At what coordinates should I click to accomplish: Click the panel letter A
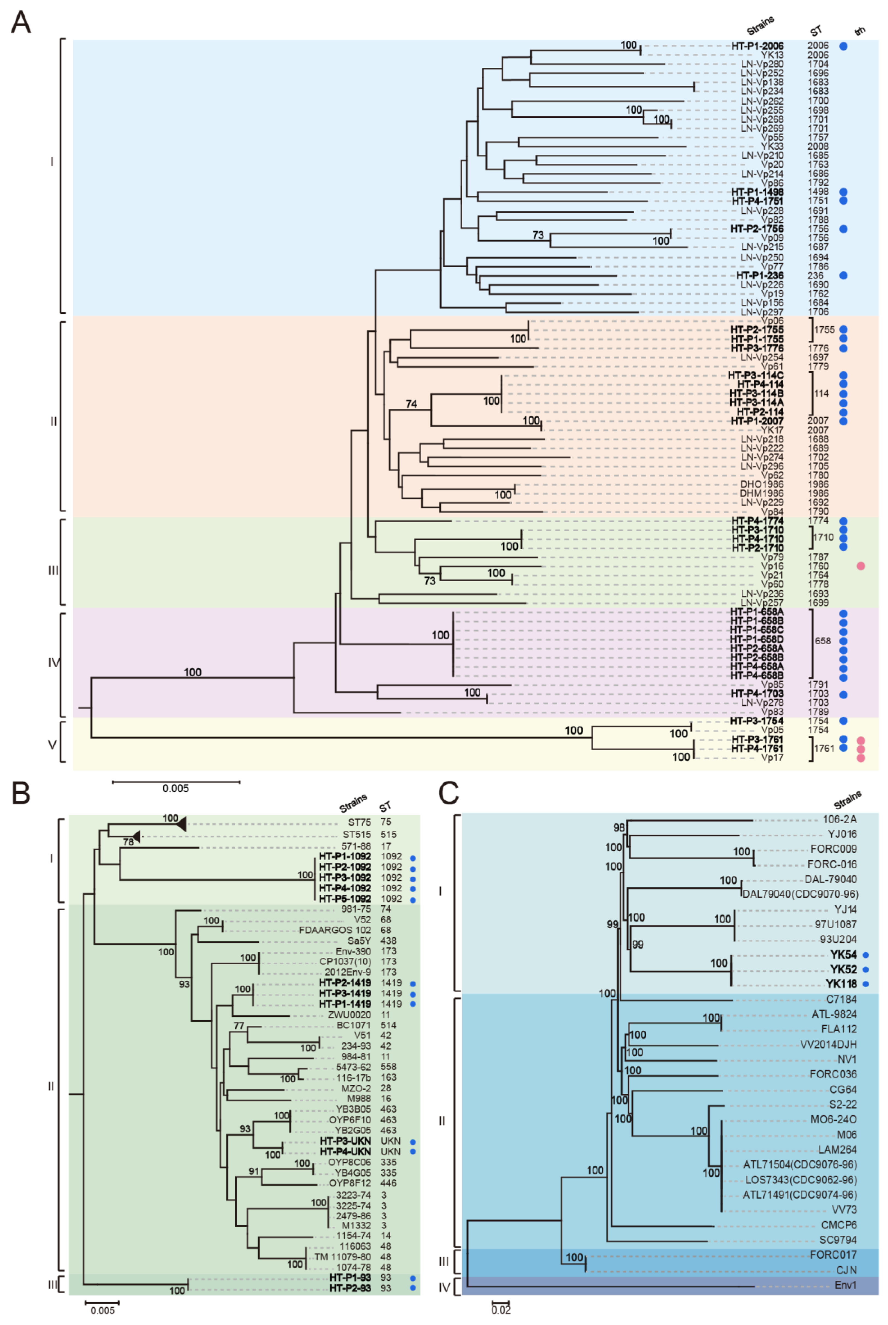[x=21, y=23]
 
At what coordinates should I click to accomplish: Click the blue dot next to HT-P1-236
[x=843, y=275]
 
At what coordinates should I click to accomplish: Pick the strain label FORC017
[x=833, y=1255]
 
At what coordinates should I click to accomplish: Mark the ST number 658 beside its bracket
[x=822, y=641]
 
